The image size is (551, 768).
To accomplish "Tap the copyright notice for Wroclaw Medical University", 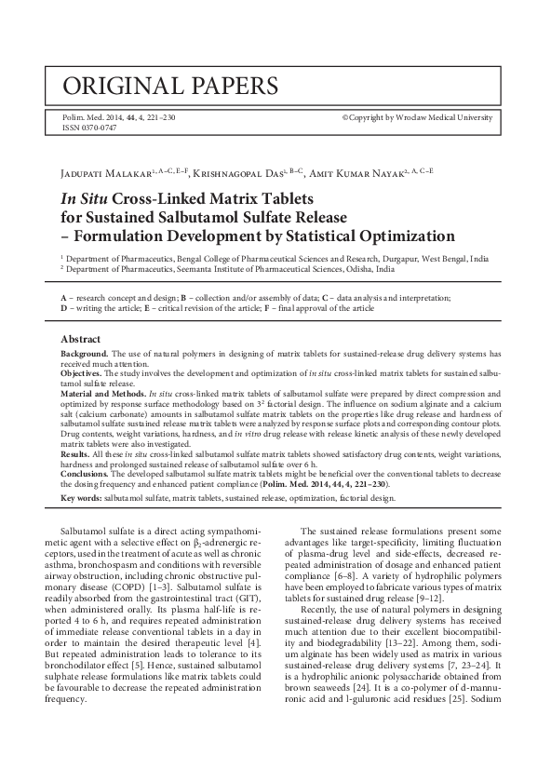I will tap(417, 118).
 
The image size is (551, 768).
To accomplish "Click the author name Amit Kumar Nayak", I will tap(356, 174).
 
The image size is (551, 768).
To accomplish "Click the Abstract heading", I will tap(81, 339).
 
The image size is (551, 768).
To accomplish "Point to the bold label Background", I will tap(85, 355).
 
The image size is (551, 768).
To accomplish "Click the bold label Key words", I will tap(81, 499).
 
